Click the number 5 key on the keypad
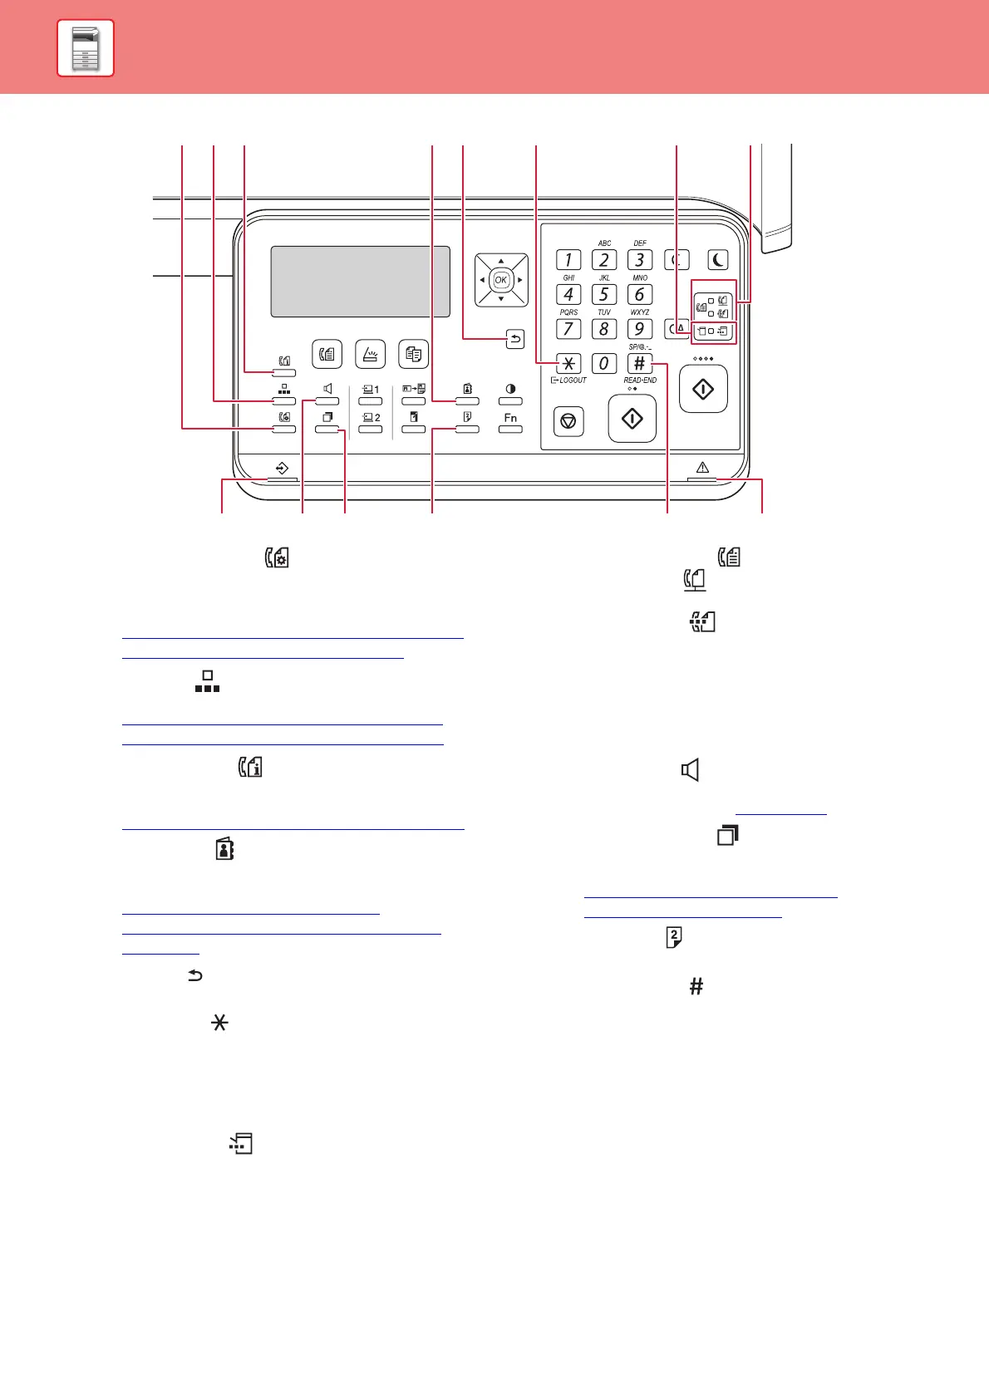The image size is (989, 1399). [x=604, y=295]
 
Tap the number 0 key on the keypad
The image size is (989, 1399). [x=604, y=363]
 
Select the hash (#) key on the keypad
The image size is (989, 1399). [x=639, y=363]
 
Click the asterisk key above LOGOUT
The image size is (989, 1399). [x=568, y=363]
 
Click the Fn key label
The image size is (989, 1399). [x=510, y=418]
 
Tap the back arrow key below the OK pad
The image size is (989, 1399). [x=515, y=339]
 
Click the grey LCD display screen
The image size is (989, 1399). [x=360, y=281]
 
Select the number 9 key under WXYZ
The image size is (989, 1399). [x=639, y=329]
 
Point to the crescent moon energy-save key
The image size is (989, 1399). [x=717, y=260]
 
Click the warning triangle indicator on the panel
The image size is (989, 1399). [x=702, y=468]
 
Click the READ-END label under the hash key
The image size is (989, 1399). [x=640, y=380]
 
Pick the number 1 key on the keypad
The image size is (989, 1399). [x=568, y=260]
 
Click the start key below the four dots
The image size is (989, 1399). [x=703, y=389]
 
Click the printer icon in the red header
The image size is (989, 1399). [x=86, y=48]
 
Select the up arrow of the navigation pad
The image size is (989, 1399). [x=501, y=261]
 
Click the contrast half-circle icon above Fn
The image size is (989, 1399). [x=510, y=389]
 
